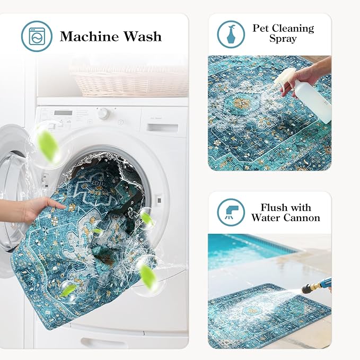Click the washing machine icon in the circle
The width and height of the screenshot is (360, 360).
pos(37,36)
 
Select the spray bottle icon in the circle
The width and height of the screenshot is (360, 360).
pos(231,33)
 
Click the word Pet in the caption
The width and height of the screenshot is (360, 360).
pos(261,28)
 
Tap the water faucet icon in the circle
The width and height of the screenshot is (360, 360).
pos(231,212)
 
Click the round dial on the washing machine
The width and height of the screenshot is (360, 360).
pos(103,113)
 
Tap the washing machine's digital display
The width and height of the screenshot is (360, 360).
pos(63,112)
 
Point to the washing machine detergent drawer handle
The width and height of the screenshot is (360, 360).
pos(163,127)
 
